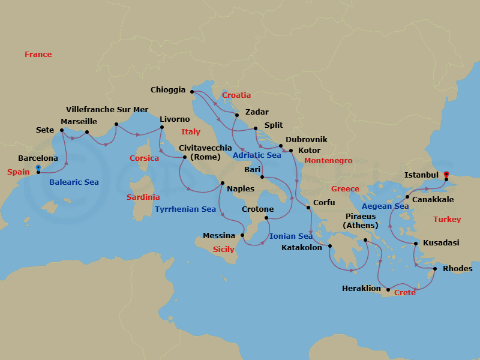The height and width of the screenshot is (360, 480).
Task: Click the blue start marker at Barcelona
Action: (x=38, y=168)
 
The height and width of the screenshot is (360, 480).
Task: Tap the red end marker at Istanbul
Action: (x=446, y=175)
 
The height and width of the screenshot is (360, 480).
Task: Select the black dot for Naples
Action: (x=223, y=183)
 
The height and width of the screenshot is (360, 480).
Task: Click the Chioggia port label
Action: (x=168, y=90)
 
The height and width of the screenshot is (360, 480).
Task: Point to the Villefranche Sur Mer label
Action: (x=107, y=110)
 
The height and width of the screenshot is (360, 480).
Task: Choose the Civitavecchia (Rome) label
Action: (x=205, y=152)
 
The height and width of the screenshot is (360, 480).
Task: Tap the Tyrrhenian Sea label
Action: (x=185, y=209)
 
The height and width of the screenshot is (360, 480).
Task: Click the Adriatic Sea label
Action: (x=257, y=155)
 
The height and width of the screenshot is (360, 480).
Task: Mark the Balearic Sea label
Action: (x=74, y=182)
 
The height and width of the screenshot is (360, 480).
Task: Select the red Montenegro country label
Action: (x=328, y=161)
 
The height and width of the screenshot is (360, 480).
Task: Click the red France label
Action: (x=38, y=55)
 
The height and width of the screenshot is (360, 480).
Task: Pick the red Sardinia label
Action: (x=143, y=197)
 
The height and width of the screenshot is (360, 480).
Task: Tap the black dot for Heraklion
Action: (x=388, y=290)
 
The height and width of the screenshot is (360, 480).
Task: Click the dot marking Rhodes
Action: (x=435, y=269)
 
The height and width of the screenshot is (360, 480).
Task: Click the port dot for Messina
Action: (x=242, y=235)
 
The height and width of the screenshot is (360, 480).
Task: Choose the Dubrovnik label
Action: (x=306, y=139)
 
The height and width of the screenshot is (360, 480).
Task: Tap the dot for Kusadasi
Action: (x=415, y=244)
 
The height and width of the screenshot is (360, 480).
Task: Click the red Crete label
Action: (x=405, y=293)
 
